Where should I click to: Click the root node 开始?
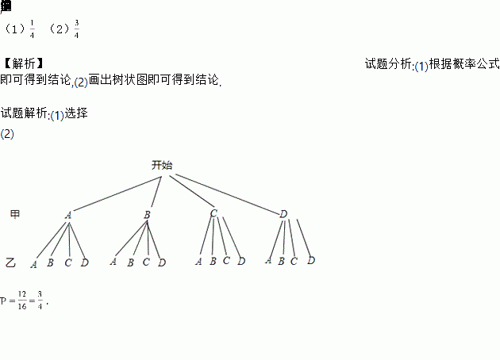pyautogui.click(x=162, y=166)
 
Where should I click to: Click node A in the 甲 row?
pyautogui.click(x=68, y=214)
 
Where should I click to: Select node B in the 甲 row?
pyautogui.click(x=148, y=214)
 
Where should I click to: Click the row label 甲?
pyautogui.click(x=14, y=214)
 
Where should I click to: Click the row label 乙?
pyautogui.click(x=10, y=262)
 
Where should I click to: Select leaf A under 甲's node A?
pyautogui.click(x=34, y=264)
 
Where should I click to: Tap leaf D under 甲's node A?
pyautogui.click(x=84, y=262)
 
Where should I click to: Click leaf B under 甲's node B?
pyautogui.click(x=130, y=262)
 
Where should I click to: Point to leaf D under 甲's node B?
pyautogui.click(x=161, y=262)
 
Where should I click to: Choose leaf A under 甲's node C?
pyautogui.click(x=198, y=261)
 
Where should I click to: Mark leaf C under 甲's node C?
pyautogui.click(x=226, y=260)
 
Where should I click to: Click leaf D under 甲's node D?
pyautogui.click(x=311, y=260)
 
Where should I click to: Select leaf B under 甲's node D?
pyautogui.click(x=282, y=260)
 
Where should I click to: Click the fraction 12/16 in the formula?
pyautogui.click(x=22, y=302)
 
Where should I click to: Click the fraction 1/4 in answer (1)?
pyautogui.click(x=32, y=30)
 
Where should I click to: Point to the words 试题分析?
pyautogui.click(x=388, y=63)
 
